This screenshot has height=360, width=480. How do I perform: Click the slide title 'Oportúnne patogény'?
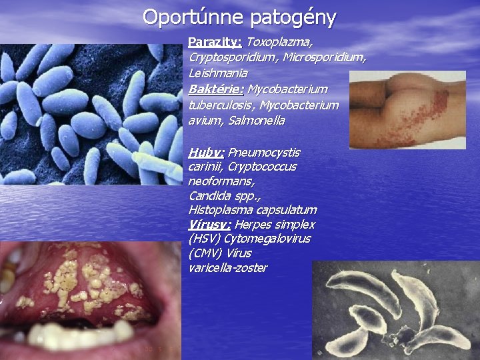pyautogui.click(x=239, y=16)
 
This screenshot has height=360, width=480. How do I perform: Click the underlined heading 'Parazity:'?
pyautogui.click(x=214, y=42)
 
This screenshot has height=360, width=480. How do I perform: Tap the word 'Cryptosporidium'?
pyautogui.click(x=234, y=57)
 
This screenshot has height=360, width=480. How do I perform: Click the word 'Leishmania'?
pyautogui.click(x=218, y=73)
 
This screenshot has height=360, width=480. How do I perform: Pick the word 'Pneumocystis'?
pyautogui.click(x=264, y=152)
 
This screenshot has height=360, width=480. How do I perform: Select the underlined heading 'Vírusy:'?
pyautogui.click(x=210, y=225)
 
